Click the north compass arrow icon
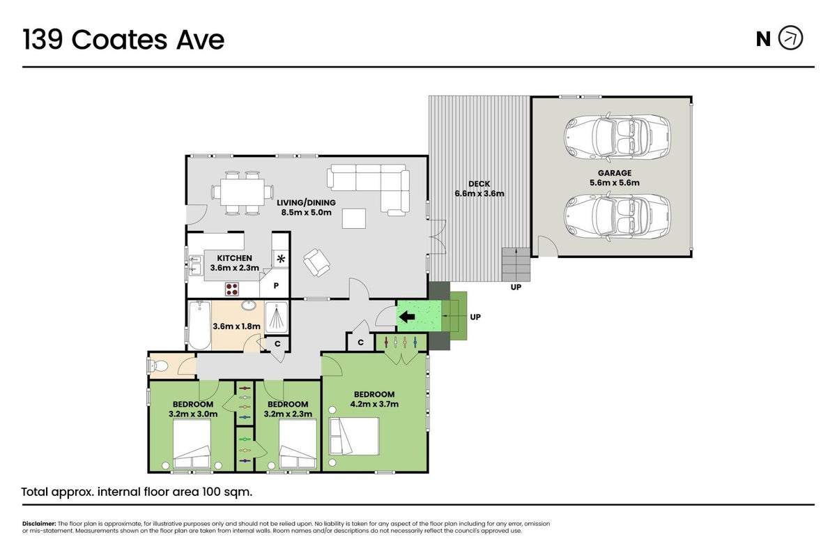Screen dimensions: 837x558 791,38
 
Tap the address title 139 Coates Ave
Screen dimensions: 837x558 123,39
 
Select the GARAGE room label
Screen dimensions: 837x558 614,173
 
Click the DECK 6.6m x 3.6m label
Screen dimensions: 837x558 479,188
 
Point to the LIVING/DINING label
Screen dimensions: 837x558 306,203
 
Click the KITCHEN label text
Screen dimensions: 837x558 234,258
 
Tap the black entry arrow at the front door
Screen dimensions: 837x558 407,317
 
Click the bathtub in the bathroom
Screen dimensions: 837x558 199,325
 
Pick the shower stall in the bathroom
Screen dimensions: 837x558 277,317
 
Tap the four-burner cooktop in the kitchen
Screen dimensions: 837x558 231,289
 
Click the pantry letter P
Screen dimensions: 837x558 276,286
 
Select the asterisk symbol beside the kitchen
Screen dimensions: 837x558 281,259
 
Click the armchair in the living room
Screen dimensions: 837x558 317,262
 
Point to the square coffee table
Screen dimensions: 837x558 354,218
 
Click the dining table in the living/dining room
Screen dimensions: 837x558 243,192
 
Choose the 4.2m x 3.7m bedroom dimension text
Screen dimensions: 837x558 374,405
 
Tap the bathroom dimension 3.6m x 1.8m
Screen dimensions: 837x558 236,326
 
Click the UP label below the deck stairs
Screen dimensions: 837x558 516,287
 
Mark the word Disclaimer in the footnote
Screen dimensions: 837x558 39,524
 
